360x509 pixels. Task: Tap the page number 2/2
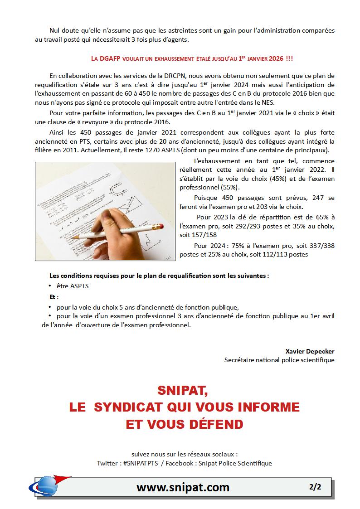(315, 487)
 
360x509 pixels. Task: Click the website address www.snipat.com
(183, 487)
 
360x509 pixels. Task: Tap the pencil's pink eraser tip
(159, 225)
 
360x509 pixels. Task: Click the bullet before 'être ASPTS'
(49, 286)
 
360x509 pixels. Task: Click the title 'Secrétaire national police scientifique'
(279, 360)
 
